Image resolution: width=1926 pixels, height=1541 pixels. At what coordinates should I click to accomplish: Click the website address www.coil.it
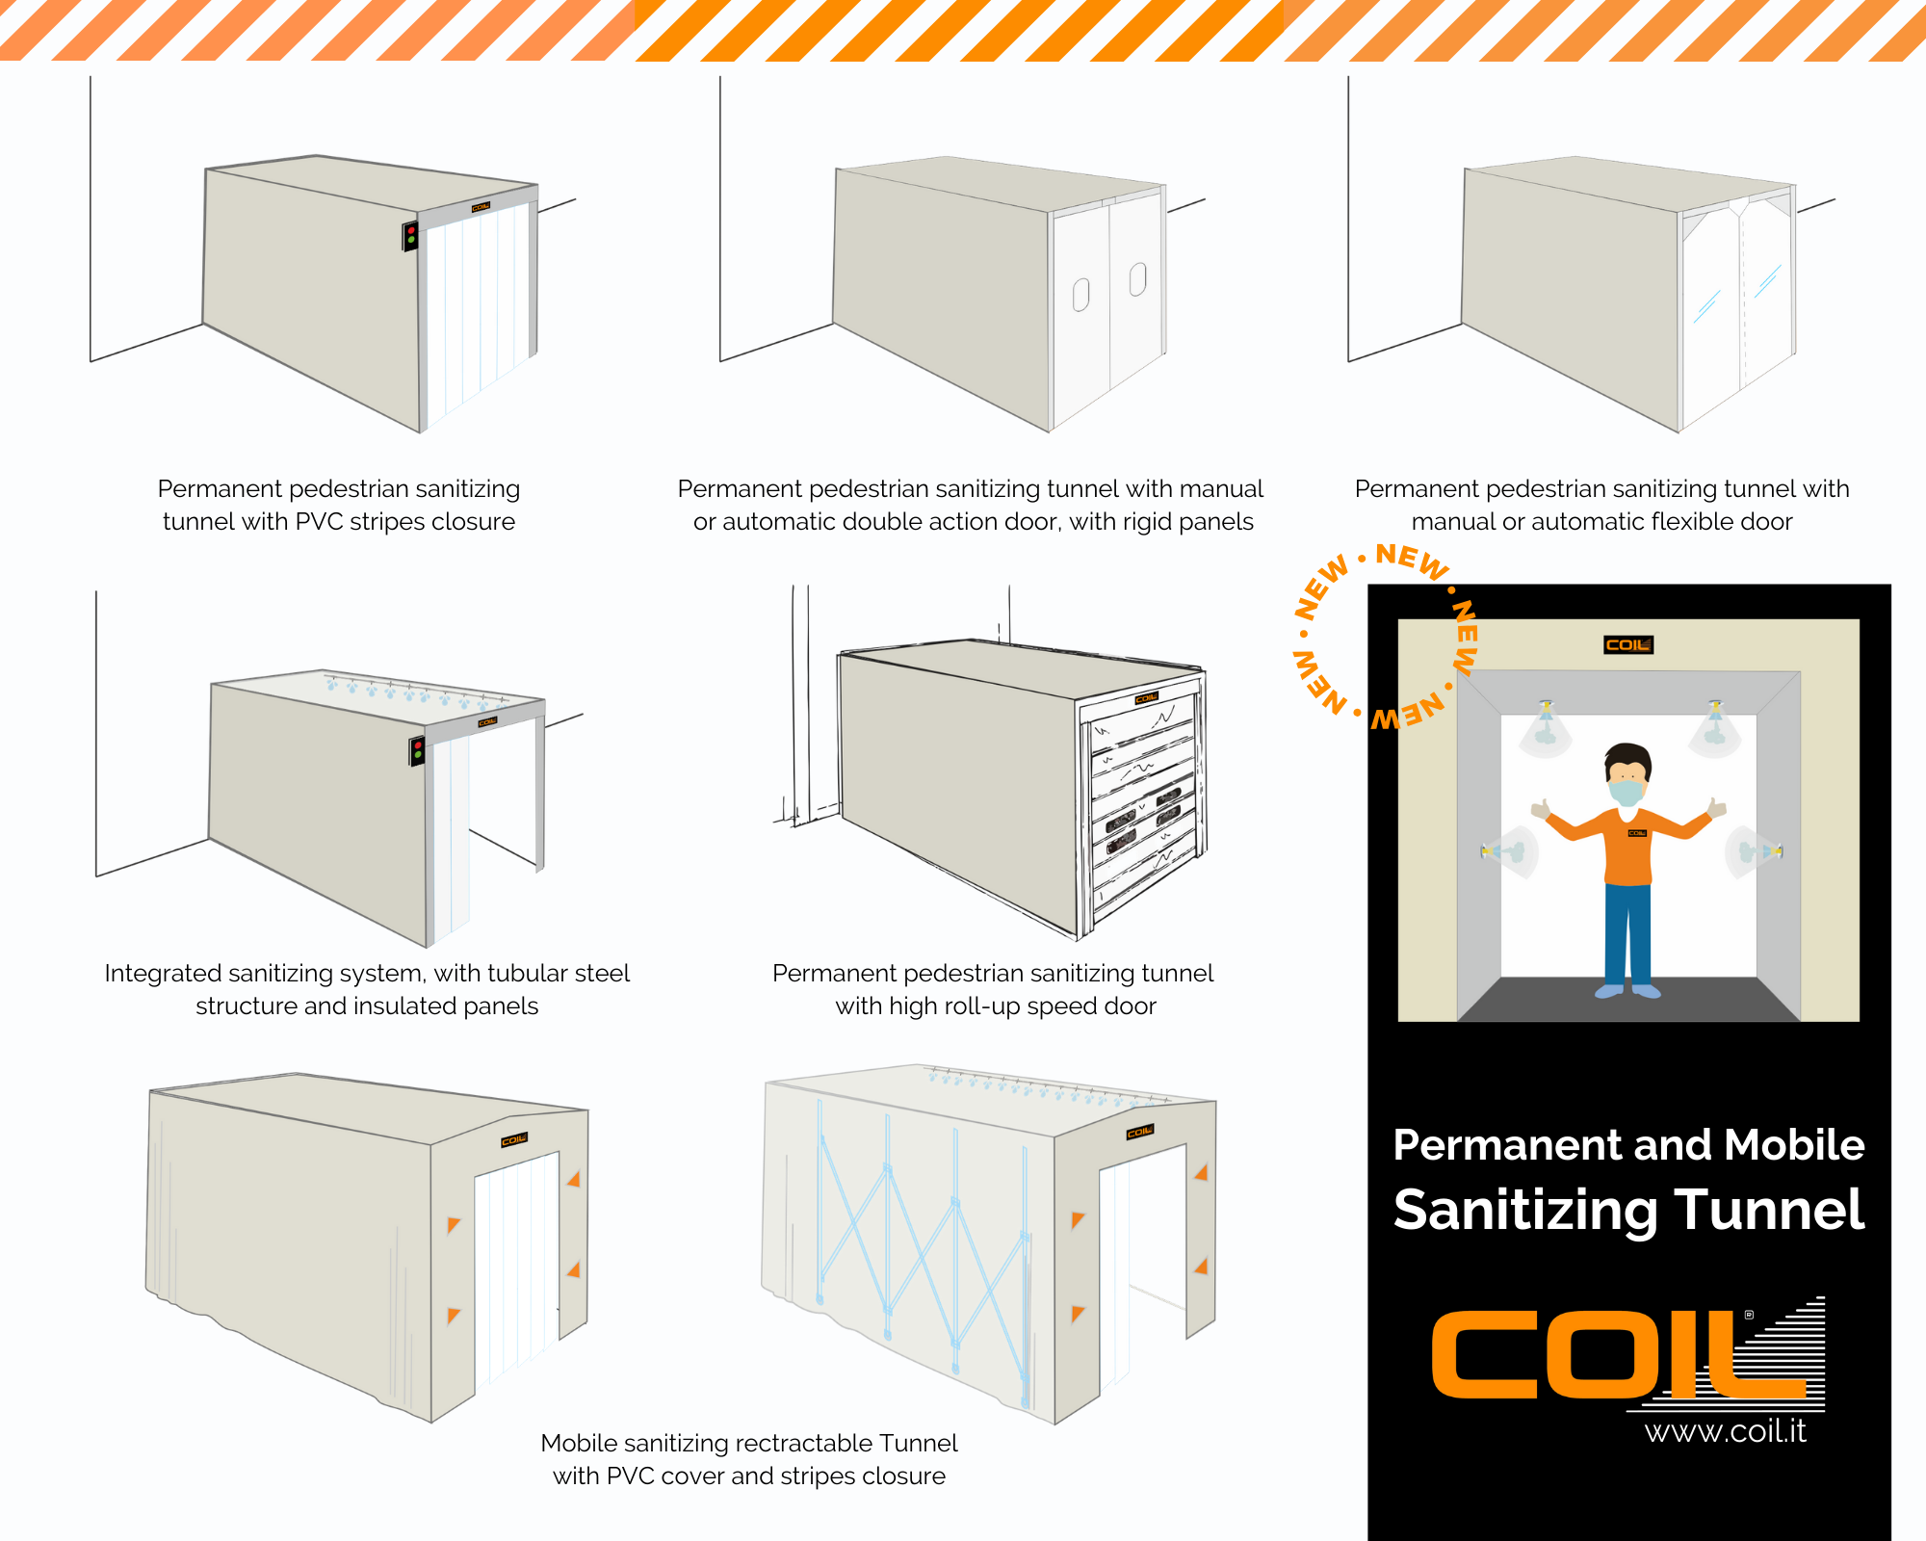pyautogui.click(x=1725, y=1431)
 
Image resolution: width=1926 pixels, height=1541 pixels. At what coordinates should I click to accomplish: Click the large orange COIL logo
pyautogui.click(x=1627, y=1353)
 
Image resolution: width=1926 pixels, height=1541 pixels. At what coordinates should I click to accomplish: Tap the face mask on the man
pyautogui.click(x=1627, y=792)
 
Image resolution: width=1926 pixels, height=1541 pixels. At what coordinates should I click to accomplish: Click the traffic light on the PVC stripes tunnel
pyautogui.click(x=410, y=235)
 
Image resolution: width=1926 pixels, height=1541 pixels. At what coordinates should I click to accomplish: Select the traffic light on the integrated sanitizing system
pyautogui.click(x=417, y=751)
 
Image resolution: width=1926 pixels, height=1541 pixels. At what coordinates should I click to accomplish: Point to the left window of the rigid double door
pyautogui.click(x=1080, y=295)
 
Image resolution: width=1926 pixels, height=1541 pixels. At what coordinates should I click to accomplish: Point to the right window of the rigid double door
pyautogui.click(x=1137, y=278)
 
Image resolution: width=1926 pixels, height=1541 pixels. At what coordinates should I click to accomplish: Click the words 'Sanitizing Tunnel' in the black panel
pyautogui.click(x=1628, y=1210)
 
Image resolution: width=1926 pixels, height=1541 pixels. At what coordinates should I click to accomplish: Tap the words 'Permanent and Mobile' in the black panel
pyautogui.click(x=1628, y=1144)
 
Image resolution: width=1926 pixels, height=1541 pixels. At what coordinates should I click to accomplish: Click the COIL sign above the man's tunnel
pyautogui.click(x=1628, y=644)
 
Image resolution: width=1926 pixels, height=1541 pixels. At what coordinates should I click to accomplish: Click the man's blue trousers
pyautogui.click(x=1627, y=934)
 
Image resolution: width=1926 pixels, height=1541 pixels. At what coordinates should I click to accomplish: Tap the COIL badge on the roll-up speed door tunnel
pyautogui.click(x=1146, y=698)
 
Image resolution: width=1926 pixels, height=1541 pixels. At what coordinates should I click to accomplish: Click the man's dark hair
pyautogui.click(x=1627, y=759)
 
